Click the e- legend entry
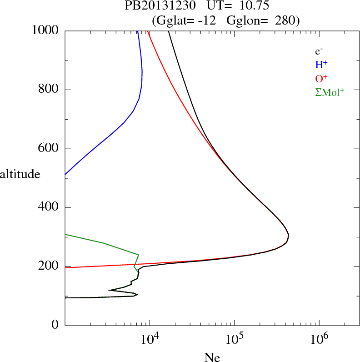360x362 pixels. (319, 51)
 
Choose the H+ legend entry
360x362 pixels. (321, 65)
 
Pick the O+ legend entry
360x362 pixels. (322, 78)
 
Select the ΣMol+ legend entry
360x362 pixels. (330, 92)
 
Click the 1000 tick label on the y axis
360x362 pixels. (46, 30)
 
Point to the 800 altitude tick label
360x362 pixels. (49, 90)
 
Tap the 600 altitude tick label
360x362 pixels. (49, 149)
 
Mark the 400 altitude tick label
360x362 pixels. (49, 208)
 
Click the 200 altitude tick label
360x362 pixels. (49, 267)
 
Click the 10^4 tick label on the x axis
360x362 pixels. (150, 339)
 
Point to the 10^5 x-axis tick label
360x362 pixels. (234, 339)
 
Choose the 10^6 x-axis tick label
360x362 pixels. (319, 339)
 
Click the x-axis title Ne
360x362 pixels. (212, 357)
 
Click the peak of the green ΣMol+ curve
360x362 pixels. (138, 255)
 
